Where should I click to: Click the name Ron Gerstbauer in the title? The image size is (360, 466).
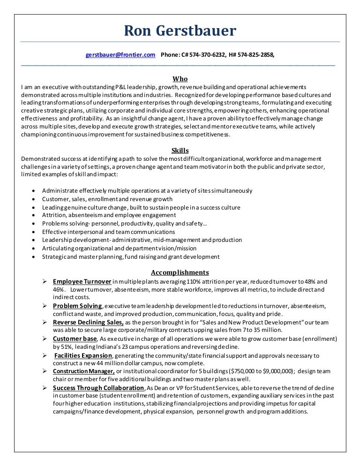click(x=180, y=31)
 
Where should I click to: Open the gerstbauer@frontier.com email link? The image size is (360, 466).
click(x=120, y=55)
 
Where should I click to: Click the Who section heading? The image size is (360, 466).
click(x=180, y=79)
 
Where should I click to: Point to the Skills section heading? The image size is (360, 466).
click(x=180, y=150)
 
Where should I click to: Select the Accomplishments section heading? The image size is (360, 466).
click(x=180, y=272)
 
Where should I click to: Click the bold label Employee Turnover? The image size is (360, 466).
click(x=82, y=281)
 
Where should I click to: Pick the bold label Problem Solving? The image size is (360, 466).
click(x=77, y=306)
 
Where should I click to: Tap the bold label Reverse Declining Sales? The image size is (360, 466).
click(x=88, y=323)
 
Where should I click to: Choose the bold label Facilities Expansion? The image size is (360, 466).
click(x=83, y=355)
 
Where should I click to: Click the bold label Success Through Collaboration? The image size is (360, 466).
click(x=98, y=388)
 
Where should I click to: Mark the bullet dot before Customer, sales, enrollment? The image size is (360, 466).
click(x=31, y=199)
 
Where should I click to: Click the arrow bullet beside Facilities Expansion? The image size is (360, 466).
click(x=44, y=355)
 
